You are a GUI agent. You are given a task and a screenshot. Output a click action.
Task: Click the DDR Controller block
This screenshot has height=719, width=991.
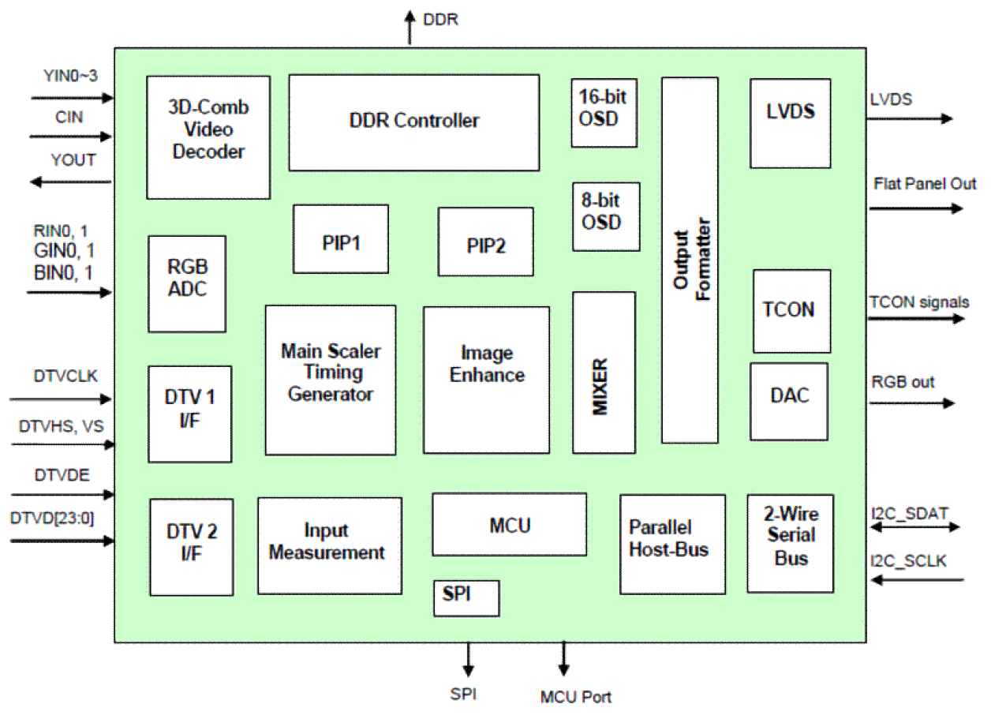click(413, 122)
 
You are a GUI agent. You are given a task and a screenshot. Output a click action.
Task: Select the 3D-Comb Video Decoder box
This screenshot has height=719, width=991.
click(208, 137)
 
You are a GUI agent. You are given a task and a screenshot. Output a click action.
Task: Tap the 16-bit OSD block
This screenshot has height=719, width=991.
click(604, 112)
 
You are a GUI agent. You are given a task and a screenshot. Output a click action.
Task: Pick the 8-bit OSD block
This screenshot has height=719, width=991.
click(606, 216)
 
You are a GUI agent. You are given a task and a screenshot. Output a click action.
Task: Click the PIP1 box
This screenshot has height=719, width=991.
click(341, 239)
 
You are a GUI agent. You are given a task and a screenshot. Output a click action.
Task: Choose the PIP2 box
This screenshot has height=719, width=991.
click(485, 242)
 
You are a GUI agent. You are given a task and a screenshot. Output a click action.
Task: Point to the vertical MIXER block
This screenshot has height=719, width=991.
click(604, 373)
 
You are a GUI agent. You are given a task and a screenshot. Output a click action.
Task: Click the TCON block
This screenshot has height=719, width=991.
click(791, 311)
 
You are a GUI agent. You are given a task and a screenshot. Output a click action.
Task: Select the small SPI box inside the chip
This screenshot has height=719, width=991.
click(466, 598)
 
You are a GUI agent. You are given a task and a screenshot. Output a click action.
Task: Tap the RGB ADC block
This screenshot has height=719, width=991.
click(187, 283)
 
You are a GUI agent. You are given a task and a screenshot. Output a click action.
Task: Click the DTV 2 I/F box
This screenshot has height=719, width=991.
click(191, 547)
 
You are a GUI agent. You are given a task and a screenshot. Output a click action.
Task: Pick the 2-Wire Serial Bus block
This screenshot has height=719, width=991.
click(790, 543)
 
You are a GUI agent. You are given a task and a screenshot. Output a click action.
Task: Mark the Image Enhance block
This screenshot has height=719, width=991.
click(486, 380)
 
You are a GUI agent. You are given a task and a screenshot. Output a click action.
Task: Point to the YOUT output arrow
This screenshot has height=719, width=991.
click(71, 182)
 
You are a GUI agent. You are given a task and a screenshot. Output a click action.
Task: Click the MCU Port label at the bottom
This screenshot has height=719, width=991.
click(575, 697)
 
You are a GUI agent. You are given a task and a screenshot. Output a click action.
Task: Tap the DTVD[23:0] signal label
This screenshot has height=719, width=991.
click(52, 518)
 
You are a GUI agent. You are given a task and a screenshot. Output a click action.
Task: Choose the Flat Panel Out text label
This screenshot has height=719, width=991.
click(925, 184)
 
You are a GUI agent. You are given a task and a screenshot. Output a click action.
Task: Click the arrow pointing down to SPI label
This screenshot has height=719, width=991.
click(469, 658)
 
